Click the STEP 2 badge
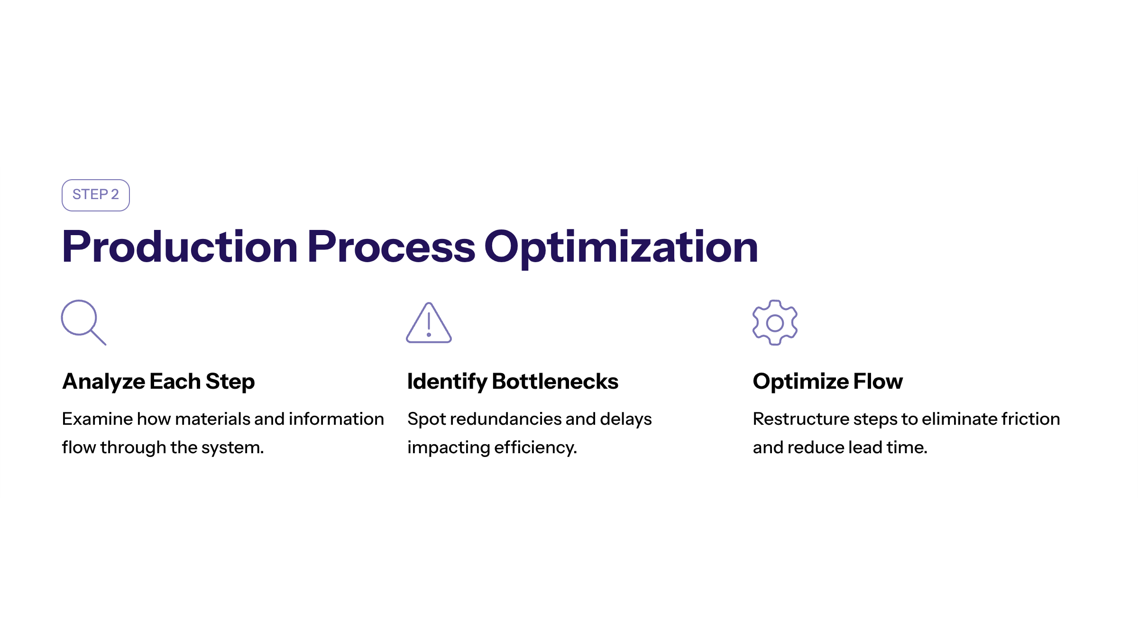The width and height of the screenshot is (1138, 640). pyautogui.click(x=96, y=195)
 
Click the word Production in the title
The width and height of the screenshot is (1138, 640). pyautogui.click(x=180, y=247)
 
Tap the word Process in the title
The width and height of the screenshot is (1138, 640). pyautogui.click(x=391, y=247)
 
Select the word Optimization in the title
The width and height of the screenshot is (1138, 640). pyautogui.click(x=621, y=248)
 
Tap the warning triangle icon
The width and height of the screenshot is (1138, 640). pyautogui.click(x=429, y=323)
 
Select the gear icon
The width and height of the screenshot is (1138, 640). pyautogui.click(x=775, y=322)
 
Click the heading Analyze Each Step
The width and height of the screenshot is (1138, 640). pyautogui.click(x=158, y=382)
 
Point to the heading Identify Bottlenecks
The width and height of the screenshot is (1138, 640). pyautogui.click(x=513, y=382)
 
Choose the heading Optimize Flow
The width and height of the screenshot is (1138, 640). pyautogui.click(x=828, y=382)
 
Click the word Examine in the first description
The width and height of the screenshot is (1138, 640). pyautogui.click(x=97, y=419)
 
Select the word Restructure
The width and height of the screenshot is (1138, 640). pyautogui.click(x=801, y=419)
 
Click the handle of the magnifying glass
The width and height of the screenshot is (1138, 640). pyautogui.click(x=98, y=338)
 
